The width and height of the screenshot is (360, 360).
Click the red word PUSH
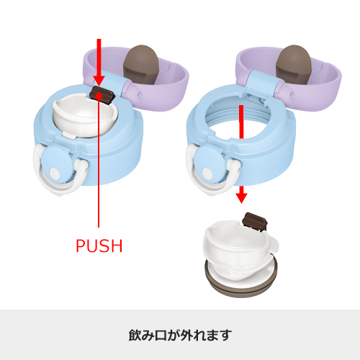(x=99, y=246)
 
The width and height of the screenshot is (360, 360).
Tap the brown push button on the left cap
(x=104, y=94)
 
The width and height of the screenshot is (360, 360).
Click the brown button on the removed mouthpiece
(x=255, y=221)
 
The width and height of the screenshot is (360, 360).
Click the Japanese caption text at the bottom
(x=179, y=335)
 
